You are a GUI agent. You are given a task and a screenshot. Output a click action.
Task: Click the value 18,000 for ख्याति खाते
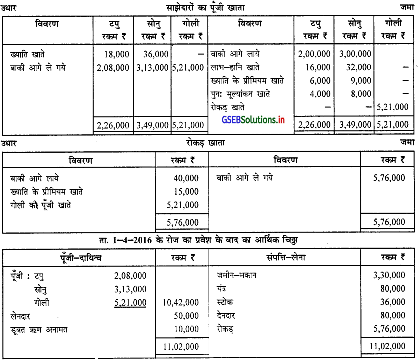(x=118, y=54)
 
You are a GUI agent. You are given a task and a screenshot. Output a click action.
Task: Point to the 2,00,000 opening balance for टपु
(x=314, y=54)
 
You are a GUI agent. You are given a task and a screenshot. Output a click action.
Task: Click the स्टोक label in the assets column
(x=225, y=303)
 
